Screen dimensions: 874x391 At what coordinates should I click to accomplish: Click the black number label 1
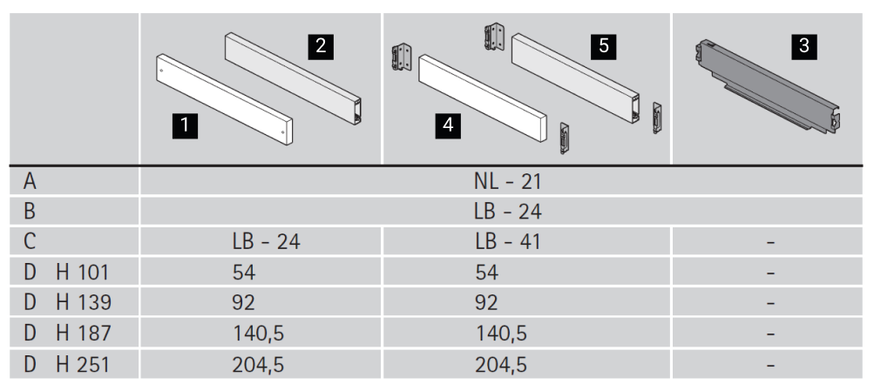(x=185, y=126)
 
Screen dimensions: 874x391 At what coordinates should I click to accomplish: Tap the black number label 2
(x=321, y=46)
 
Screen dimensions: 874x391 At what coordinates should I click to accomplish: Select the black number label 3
(x=803, y=46)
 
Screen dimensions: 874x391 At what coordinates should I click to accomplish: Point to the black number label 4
(x=448, y=126)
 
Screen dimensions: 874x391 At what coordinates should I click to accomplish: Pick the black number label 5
(x=604, y=46)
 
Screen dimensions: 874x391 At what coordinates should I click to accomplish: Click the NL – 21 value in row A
(x=507, y=182)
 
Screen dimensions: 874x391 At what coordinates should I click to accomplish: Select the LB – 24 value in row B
(x=507, y=212)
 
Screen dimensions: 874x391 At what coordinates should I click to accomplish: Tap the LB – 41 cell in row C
(x=508, y=242)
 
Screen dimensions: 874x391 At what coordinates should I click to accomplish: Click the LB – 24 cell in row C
(x=266, y=242)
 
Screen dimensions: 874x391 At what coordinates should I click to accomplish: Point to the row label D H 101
(x=65, y=273)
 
